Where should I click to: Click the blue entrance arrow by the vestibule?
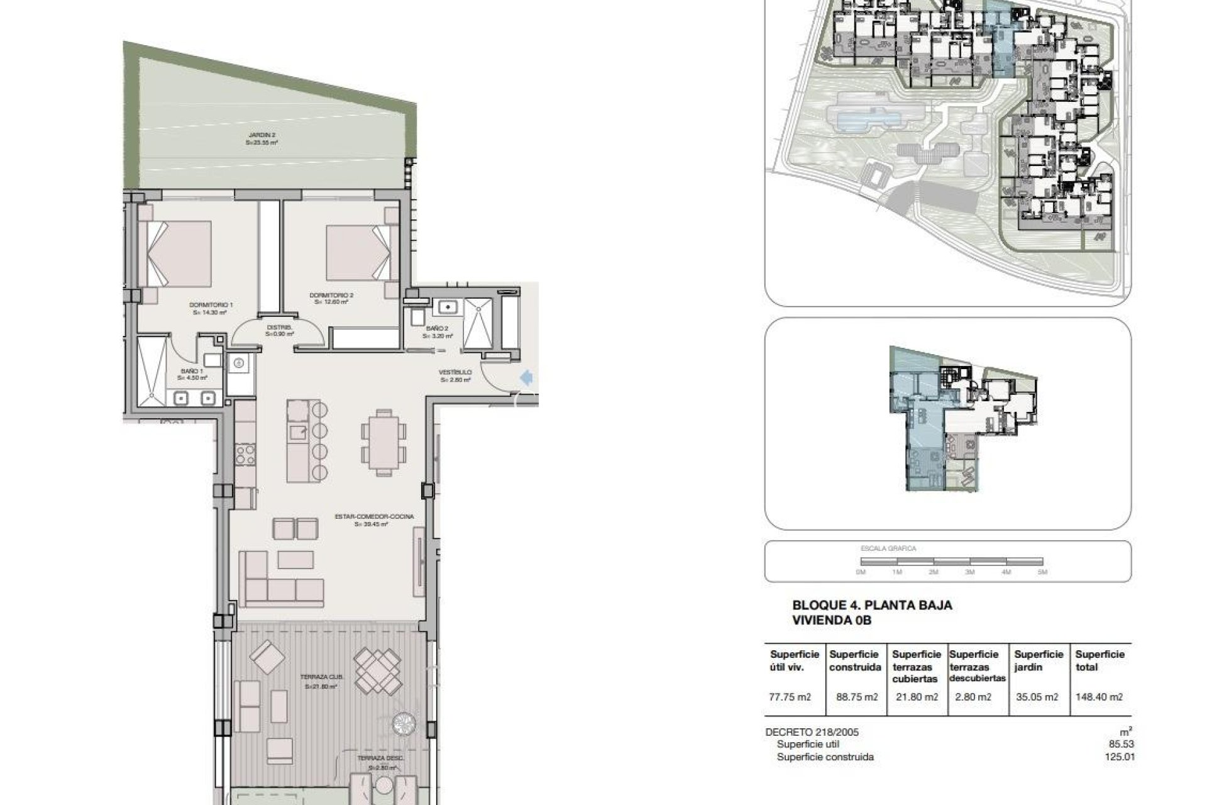coord(527,377)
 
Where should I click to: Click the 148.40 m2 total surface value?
coord(1099,697)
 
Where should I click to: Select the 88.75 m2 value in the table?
coord(854,697)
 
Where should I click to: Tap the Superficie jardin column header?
coord(1039,660)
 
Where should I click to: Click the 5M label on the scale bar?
coord(1042,572)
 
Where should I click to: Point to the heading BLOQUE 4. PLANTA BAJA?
coord(872,606)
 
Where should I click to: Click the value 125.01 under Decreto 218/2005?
coord(1122,757)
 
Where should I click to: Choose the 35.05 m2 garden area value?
coord(1038,697)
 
